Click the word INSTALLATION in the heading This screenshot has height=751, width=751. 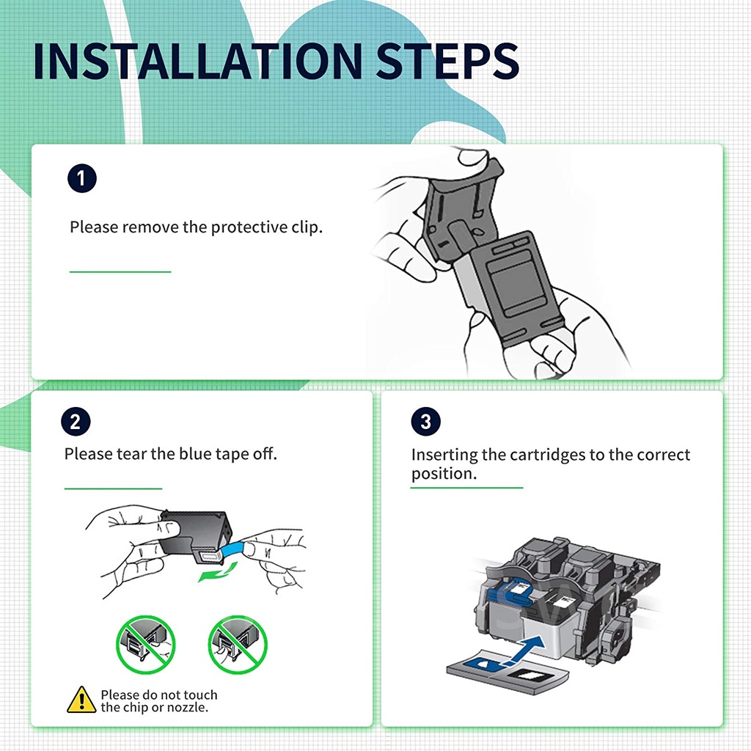198,62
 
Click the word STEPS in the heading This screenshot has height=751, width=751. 448,62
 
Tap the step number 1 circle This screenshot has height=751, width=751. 82,179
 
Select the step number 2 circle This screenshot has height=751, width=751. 76,422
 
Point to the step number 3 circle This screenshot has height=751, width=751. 425,422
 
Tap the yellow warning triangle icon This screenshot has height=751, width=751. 81,700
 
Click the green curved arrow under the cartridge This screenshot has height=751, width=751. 218,572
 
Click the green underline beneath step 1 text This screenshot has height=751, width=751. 120,271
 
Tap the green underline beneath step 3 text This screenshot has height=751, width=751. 466,488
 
